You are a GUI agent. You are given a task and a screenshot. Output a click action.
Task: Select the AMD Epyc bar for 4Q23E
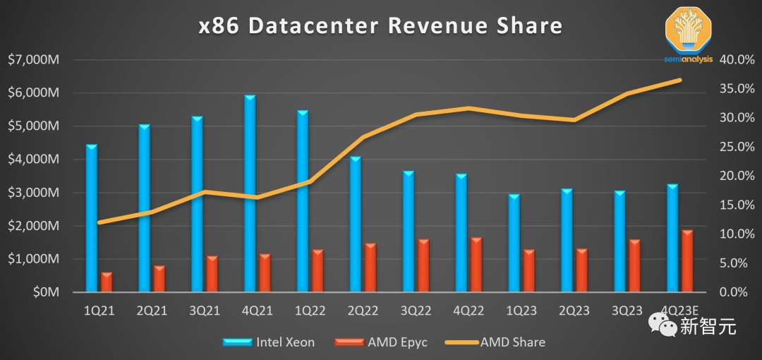pyautogui.click(x=687, y=260)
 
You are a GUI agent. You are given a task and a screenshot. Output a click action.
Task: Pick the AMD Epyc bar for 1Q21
pyautogui.click(x=107, y=282)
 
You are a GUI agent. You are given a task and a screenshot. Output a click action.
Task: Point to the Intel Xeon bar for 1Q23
pyautogui.click(x=514, y=243)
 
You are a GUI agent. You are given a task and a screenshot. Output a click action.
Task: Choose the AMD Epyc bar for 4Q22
pyautogui.click(x=476, y=265)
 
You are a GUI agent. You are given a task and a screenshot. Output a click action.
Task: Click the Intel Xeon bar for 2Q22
pyautogui.click(x=356, y=223)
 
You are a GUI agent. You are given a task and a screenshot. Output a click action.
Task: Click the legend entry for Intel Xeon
pyautogui.click(x=269, y=342)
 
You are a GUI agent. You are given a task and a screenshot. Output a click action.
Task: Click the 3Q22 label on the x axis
pyautogui.click(x=416, y=311)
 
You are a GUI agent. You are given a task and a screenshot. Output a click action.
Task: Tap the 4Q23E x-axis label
pyautogui.click(x=680, y=311)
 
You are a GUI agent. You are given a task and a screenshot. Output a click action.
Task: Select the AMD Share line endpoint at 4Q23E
pyautogui.click(x=680, y=80)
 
